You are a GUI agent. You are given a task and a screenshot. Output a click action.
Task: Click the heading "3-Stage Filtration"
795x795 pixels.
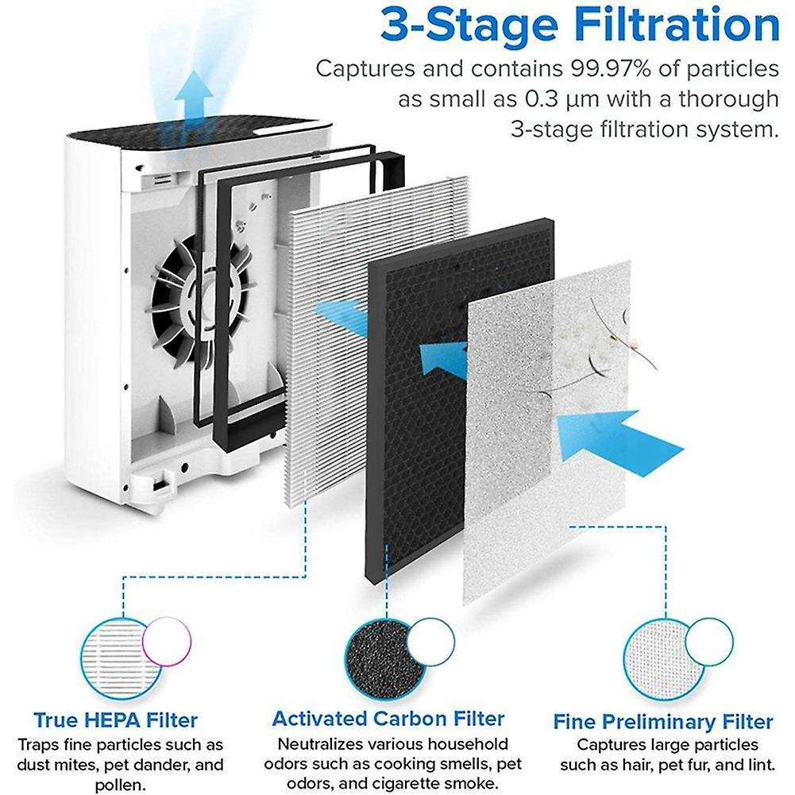[579, 25]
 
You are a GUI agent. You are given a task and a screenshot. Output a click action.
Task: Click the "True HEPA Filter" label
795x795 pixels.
[115, 721]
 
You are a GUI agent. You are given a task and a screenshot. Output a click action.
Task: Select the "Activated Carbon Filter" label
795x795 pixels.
[388, 719]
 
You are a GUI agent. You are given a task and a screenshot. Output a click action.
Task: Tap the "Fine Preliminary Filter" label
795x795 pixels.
[662, 722]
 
